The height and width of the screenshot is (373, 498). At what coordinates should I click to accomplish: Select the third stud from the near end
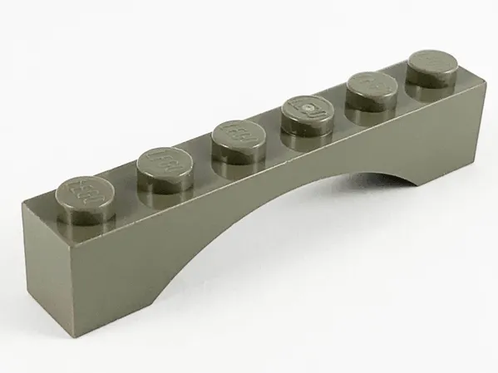click(235, 139)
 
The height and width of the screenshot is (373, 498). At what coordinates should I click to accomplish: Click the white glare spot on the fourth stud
click(309, 109)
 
